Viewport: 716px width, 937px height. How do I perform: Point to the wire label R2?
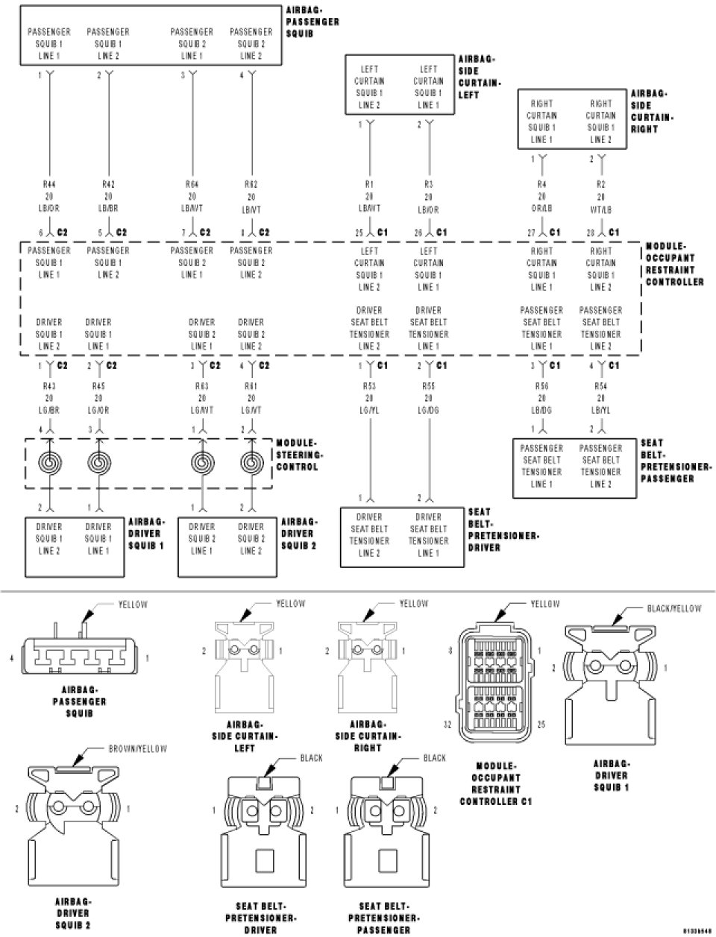pyautogui.click(x=600, y=183)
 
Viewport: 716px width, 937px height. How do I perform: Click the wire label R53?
pyautogui.click(x=369, y=387)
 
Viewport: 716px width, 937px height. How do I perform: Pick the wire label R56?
pyautogui.click(x=541, y=387)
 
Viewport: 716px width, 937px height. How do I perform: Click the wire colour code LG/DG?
pyautogui.click(x=428, y=411)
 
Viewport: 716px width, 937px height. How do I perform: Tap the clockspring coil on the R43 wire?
pyautogui.click(x=50, y=463)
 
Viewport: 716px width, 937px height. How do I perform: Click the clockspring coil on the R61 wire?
pyautogui.click(x=251, y=463)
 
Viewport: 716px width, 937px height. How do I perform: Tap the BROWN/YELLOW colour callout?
pyautogui.click(x=137, y=748)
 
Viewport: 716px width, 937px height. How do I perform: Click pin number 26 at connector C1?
pyautogui.click(x=419, y=233)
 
